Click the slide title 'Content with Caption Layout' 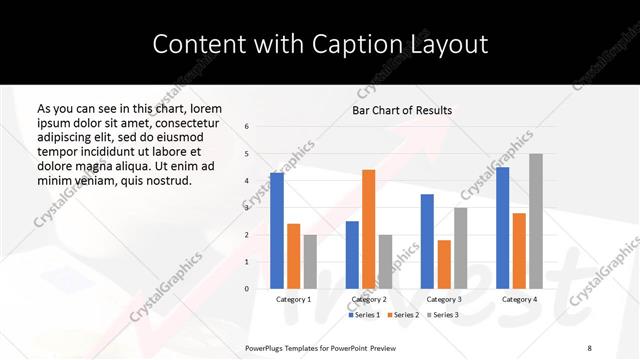point(320,44)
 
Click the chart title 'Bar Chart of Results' point(402,110)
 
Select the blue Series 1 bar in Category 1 point(277,231)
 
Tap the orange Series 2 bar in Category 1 point(293,256)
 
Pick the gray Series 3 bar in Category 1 point(310,262)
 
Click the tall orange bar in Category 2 point(368,229)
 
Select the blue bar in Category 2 point(352,255)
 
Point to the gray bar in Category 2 point(385,262)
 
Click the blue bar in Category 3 point(427,241)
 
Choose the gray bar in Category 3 point(460,248)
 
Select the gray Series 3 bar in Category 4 point(535,221)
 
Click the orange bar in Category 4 point(519,251)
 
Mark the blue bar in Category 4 point(502,228)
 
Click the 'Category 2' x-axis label point(368,299)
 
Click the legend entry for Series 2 point(402,315)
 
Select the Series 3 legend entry point(444,315)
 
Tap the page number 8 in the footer point(589,347)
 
